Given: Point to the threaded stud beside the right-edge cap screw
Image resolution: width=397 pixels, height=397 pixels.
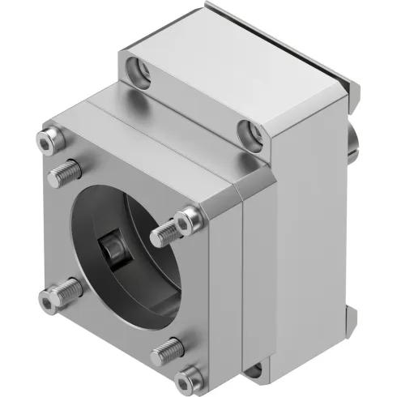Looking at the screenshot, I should [x=164, y=235].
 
